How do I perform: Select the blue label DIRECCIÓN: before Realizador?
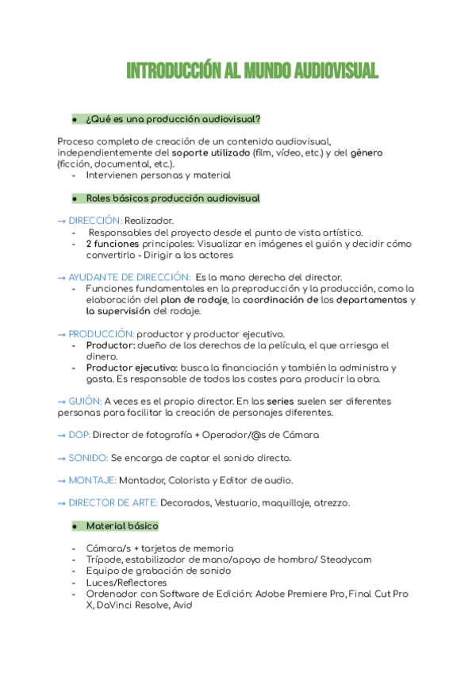(95, 220)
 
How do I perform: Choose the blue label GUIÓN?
(85, 402)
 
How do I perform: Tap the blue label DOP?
(79, 435)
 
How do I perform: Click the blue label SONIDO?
(88, 458)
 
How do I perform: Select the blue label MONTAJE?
(92, 480)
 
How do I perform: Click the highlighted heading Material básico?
(122, 526)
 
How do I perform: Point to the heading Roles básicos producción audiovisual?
(172, 198)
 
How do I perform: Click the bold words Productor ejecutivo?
(132, 368)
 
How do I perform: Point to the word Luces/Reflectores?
(127, 583)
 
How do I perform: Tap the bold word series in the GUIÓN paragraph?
(284, 402)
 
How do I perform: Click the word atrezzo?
(331, 502)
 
